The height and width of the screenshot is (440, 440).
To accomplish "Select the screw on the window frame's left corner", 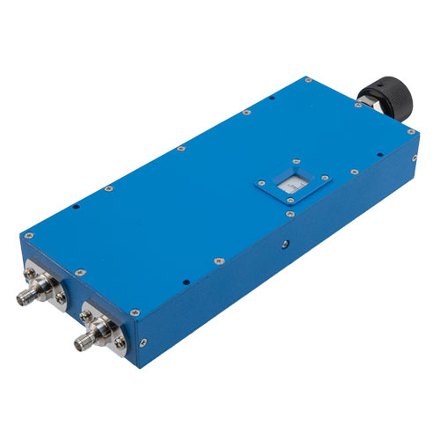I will click(x=261, y=186).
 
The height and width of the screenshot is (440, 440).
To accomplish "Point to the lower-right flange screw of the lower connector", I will click(x=120, y=341).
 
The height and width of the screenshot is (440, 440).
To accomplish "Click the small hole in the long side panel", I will click(x=283, y=242).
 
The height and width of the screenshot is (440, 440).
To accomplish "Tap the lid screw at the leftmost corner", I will click(x=30, y=236).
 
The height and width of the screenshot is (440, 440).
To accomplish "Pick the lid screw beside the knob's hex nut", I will click(x=358, y=107).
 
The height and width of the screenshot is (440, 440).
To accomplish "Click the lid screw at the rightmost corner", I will click(x=410, y=131).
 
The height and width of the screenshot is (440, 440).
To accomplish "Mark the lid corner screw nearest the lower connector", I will click(x=136, y=312).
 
